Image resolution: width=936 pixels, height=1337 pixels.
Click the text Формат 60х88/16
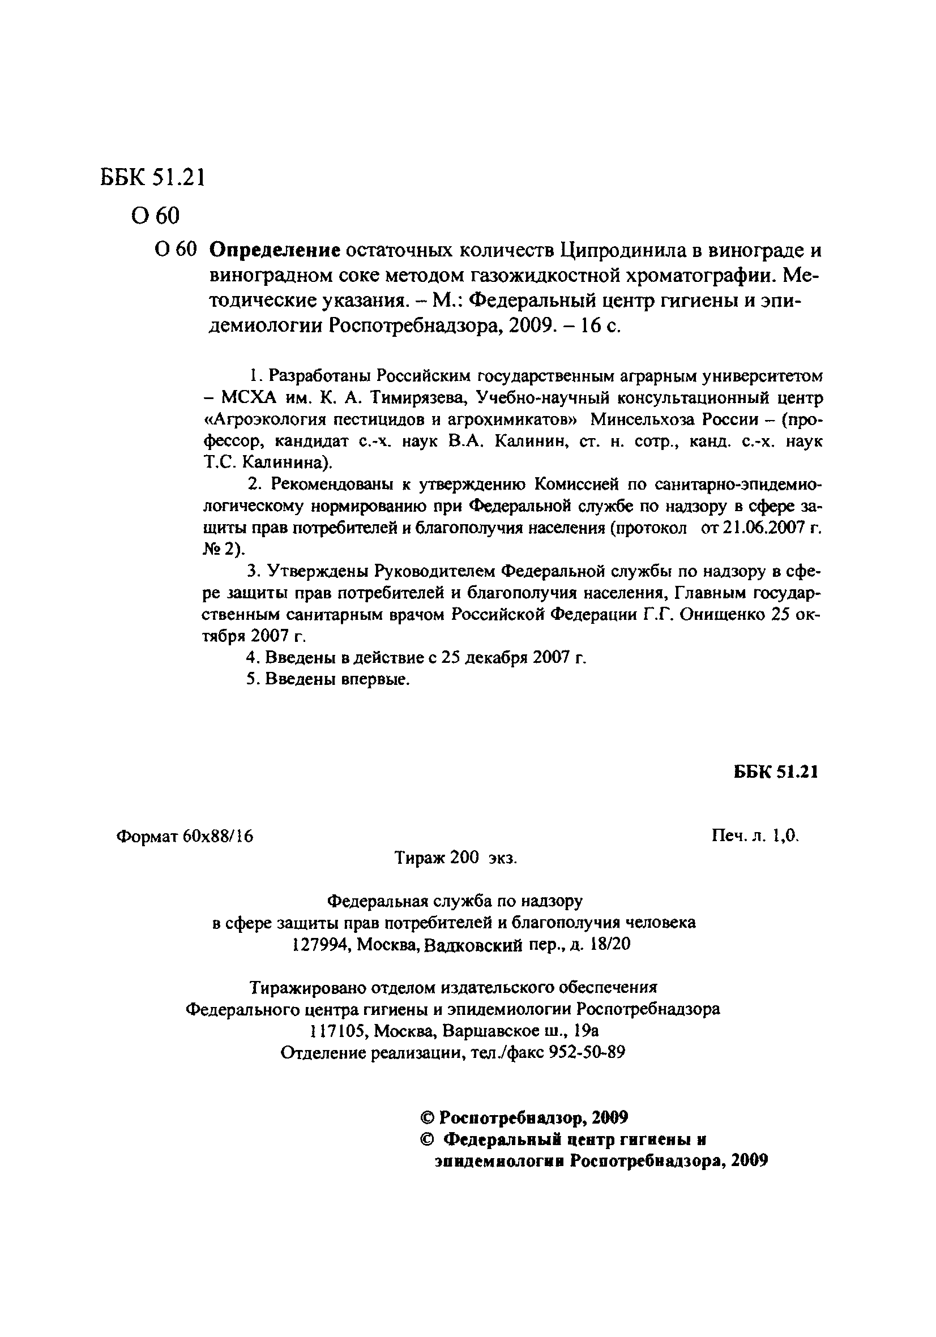185,836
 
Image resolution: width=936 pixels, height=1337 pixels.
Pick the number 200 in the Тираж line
464,858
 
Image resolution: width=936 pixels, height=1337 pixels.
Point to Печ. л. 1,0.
755,836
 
